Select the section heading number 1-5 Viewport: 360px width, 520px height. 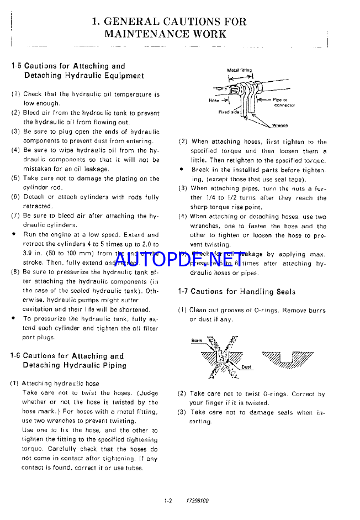16,66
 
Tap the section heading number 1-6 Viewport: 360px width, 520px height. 15,356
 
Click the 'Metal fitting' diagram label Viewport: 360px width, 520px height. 240,70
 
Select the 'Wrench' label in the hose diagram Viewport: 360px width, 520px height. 279,125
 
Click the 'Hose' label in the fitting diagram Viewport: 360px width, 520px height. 215,101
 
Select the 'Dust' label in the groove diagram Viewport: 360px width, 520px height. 246,367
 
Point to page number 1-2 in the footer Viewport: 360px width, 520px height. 168,501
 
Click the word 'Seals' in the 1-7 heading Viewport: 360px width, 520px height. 284,291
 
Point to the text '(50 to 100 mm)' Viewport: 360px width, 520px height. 67,253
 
